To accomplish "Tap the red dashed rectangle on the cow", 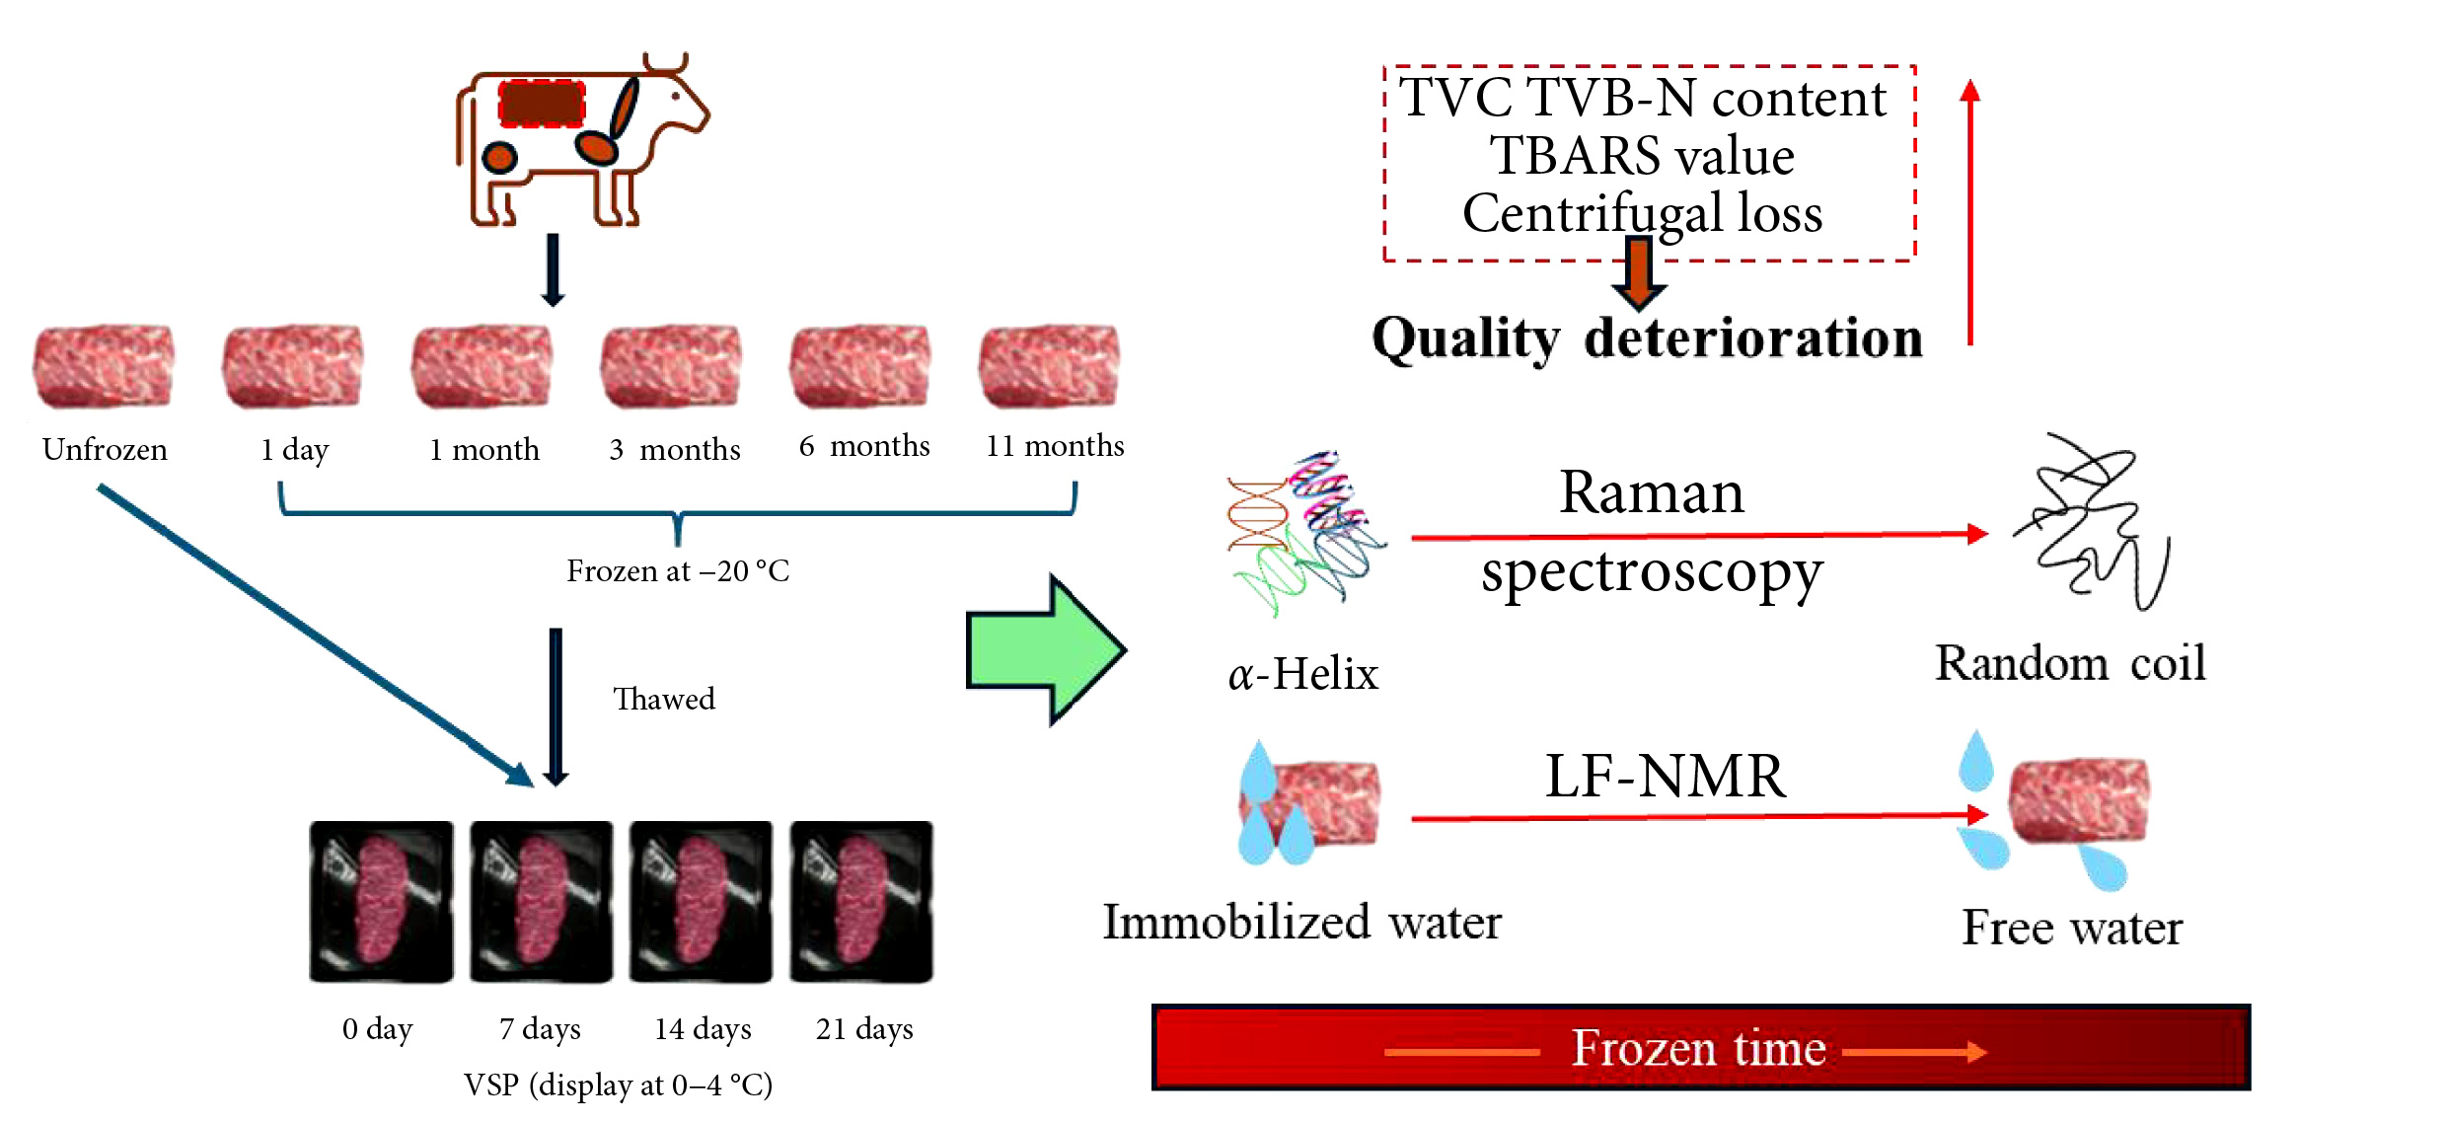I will point(542,104).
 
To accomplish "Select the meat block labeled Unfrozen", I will point(104,365).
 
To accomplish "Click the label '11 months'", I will point(1055,446).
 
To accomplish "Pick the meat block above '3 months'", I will point(672,365).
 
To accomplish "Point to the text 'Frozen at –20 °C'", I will point(678,571).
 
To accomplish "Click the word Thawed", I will point(664,699).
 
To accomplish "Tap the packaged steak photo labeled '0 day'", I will point(382,901).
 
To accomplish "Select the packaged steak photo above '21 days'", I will point(861,901).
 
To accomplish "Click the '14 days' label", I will point(703,1029).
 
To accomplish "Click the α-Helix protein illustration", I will point(1303,533).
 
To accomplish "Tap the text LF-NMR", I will point(1666,776).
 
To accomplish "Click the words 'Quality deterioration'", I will point(1647,338).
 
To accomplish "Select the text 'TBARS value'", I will point(1642,156).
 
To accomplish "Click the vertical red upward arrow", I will point(1970,212).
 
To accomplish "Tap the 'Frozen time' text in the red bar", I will point(1698,1048).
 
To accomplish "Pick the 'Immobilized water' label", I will point(1301,923).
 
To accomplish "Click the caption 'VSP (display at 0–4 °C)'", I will point(619,1085).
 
